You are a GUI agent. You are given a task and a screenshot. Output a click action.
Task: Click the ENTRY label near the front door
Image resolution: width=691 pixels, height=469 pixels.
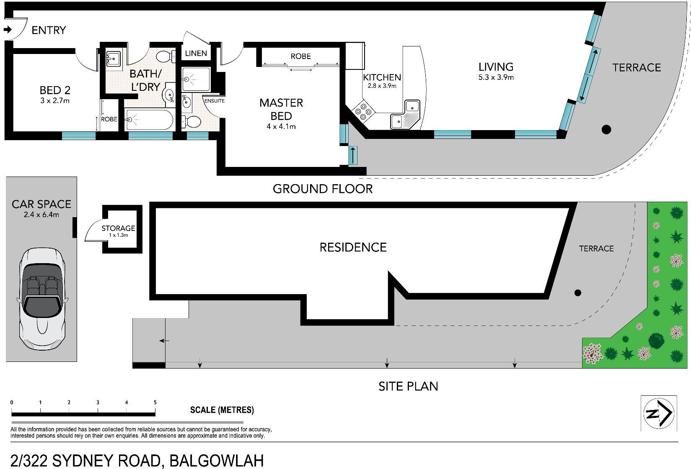(49, 30)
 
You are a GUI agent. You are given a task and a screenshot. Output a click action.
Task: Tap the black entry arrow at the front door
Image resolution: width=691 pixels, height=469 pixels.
(8, 30)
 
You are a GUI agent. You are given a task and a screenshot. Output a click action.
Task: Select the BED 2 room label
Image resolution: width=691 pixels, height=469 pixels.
(55, 90)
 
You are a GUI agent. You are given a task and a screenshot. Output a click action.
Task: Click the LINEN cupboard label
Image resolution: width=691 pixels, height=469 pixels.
(196, 53)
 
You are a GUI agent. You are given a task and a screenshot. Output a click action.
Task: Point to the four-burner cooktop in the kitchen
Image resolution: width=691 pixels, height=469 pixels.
(363, 111)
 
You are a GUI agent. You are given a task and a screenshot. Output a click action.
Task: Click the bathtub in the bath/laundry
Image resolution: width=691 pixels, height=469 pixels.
(149, 120)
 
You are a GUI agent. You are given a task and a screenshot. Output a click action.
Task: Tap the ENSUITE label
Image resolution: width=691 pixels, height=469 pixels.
(215, 101)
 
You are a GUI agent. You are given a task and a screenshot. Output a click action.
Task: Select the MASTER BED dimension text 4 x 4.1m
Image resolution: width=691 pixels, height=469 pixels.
(281, 126)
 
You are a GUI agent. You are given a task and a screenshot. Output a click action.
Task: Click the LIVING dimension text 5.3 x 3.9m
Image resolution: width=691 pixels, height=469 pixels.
(496, 77)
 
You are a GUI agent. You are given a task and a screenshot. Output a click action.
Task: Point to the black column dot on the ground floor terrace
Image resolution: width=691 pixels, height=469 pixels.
(606, 130)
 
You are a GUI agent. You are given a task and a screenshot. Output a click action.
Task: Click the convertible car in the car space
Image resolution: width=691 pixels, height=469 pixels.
(41, 299)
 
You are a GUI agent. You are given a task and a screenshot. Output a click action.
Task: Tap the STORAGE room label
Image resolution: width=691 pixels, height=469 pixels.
(118, 228)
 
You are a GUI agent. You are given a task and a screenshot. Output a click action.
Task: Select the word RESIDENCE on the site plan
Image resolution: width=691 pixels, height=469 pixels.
(353, 247)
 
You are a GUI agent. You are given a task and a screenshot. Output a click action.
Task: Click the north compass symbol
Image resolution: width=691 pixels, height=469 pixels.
(659, 413)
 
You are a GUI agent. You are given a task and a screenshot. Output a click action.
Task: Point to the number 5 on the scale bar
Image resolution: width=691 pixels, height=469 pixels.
(155, 402)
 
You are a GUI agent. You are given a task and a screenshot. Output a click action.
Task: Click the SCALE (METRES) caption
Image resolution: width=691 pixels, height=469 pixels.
(222, 410)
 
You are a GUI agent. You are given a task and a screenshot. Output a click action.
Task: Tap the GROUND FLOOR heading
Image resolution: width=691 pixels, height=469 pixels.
(323, 189)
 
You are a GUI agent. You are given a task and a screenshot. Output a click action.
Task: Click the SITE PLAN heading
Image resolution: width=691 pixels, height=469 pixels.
(408, 386)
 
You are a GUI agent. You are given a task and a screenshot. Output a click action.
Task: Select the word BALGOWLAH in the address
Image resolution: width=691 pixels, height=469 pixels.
(217, 461)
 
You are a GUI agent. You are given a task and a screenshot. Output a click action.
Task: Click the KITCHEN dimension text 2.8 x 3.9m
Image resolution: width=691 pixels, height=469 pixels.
(382, 86)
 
